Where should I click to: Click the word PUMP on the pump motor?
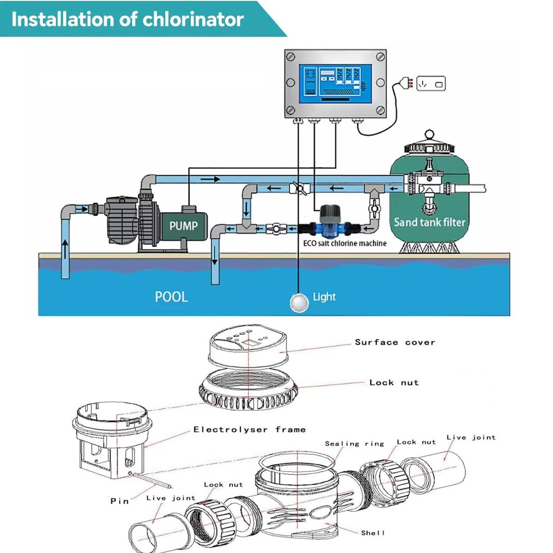coord(183,226)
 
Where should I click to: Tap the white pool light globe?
coord(299,302)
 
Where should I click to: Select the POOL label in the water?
coord(171,297)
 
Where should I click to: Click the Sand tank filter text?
coord(430,222)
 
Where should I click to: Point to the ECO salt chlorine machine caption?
coord(345,243)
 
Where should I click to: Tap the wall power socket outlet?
coord(431,83)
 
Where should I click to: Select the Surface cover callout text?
coord(395,342)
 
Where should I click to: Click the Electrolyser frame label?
coord(250,429)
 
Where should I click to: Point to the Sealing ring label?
coord(355,443)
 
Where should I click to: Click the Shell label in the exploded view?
coord(373,533)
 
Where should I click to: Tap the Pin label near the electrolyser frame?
coord(120,501)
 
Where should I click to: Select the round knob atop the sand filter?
coord(429,134)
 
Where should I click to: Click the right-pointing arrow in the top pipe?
coord(210,179)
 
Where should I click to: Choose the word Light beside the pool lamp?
coord(324,297)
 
